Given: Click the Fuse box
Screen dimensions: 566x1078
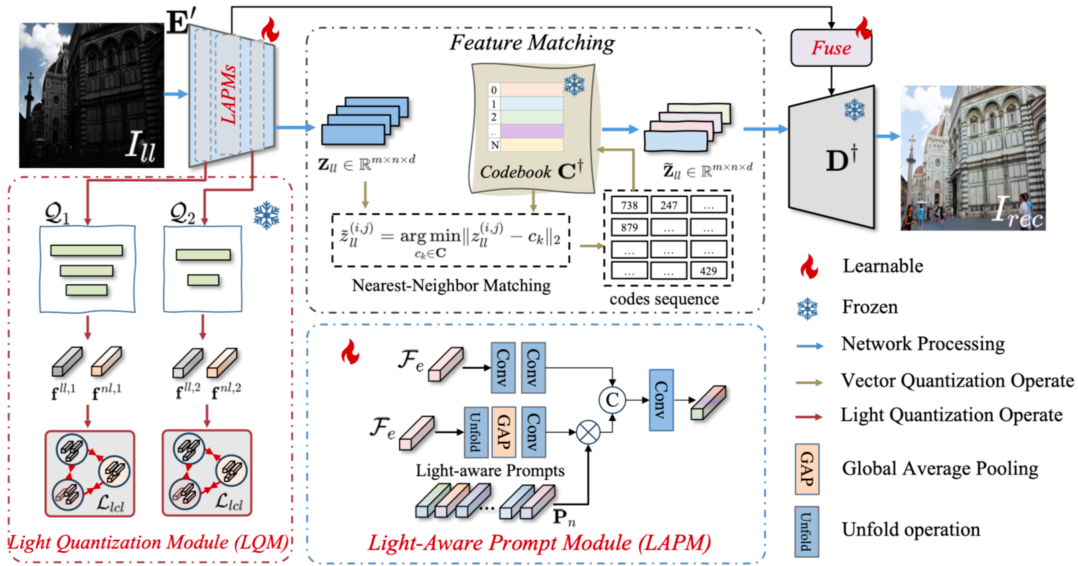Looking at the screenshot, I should (x=831, y=48).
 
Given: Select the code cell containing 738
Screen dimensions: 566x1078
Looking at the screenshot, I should (x=629, y=205).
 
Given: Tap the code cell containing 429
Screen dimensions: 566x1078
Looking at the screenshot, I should (x=708, y=271).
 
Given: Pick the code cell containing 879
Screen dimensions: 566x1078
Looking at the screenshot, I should (x=629, y=227).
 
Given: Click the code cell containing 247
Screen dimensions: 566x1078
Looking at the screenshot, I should (x=669, y=205).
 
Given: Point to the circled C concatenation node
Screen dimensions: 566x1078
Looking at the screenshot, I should (x=612, y=400).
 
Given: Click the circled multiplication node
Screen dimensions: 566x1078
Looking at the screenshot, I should (x=588, y=432).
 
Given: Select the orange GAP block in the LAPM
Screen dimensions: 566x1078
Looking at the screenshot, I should (x=503, y=431).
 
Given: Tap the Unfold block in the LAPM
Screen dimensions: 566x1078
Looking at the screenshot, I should (x=475, y=431).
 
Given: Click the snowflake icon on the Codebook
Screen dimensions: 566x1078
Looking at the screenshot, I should (x=574, y=85).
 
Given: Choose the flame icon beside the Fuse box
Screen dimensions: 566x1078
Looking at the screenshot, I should (x=863, y=27).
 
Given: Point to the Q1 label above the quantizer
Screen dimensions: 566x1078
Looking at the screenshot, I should (x=57, y=213).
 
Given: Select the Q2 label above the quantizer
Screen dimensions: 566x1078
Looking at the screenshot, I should (x=182, y=213).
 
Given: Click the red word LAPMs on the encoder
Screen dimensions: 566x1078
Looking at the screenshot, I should (x=229, y=94).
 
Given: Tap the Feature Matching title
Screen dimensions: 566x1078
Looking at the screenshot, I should (x=532, y=43).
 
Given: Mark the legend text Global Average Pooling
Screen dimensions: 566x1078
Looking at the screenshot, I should (x=940, y=469).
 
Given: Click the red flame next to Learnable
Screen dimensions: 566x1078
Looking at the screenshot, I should (x=809, y=267).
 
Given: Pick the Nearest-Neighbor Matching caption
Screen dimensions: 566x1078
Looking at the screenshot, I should (x=451, y=286).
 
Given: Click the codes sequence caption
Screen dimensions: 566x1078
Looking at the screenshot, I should (x=664, y=299).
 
